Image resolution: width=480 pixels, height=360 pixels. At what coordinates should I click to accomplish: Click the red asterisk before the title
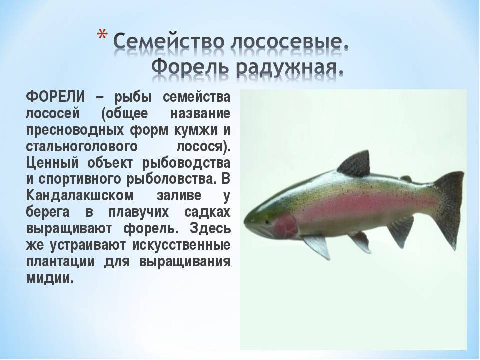[x=102, y=35]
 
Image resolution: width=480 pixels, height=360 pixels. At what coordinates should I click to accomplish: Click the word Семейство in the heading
[x=169, y=41]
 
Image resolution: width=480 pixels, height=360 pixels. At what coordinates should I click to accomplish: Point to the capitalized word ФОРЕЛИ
[x=55, y=97]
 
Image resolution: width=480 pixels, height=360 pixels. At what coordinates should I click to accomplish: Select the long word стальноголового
[x=82, y=147]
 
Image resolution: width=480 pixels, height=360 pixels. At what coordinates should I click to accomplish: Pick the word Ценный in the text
[x=52, y=163]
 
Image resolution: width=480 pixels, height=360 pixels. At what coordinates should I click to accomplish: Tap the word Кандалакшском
[x=80, y=195]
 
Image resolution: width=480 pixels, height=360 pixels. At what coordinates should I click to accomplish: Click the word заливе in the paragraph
[x=179, y=196]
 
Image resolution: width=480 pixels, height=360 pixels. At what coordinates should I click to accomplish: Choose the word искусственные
[x=181, y=245]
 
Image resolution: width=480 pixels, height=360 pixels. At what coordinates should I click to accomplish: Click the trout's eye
[x=267, y=221]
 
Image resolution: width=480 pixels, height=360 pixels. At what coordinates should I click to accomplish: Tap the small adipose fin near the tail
[x=407, y=178]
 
